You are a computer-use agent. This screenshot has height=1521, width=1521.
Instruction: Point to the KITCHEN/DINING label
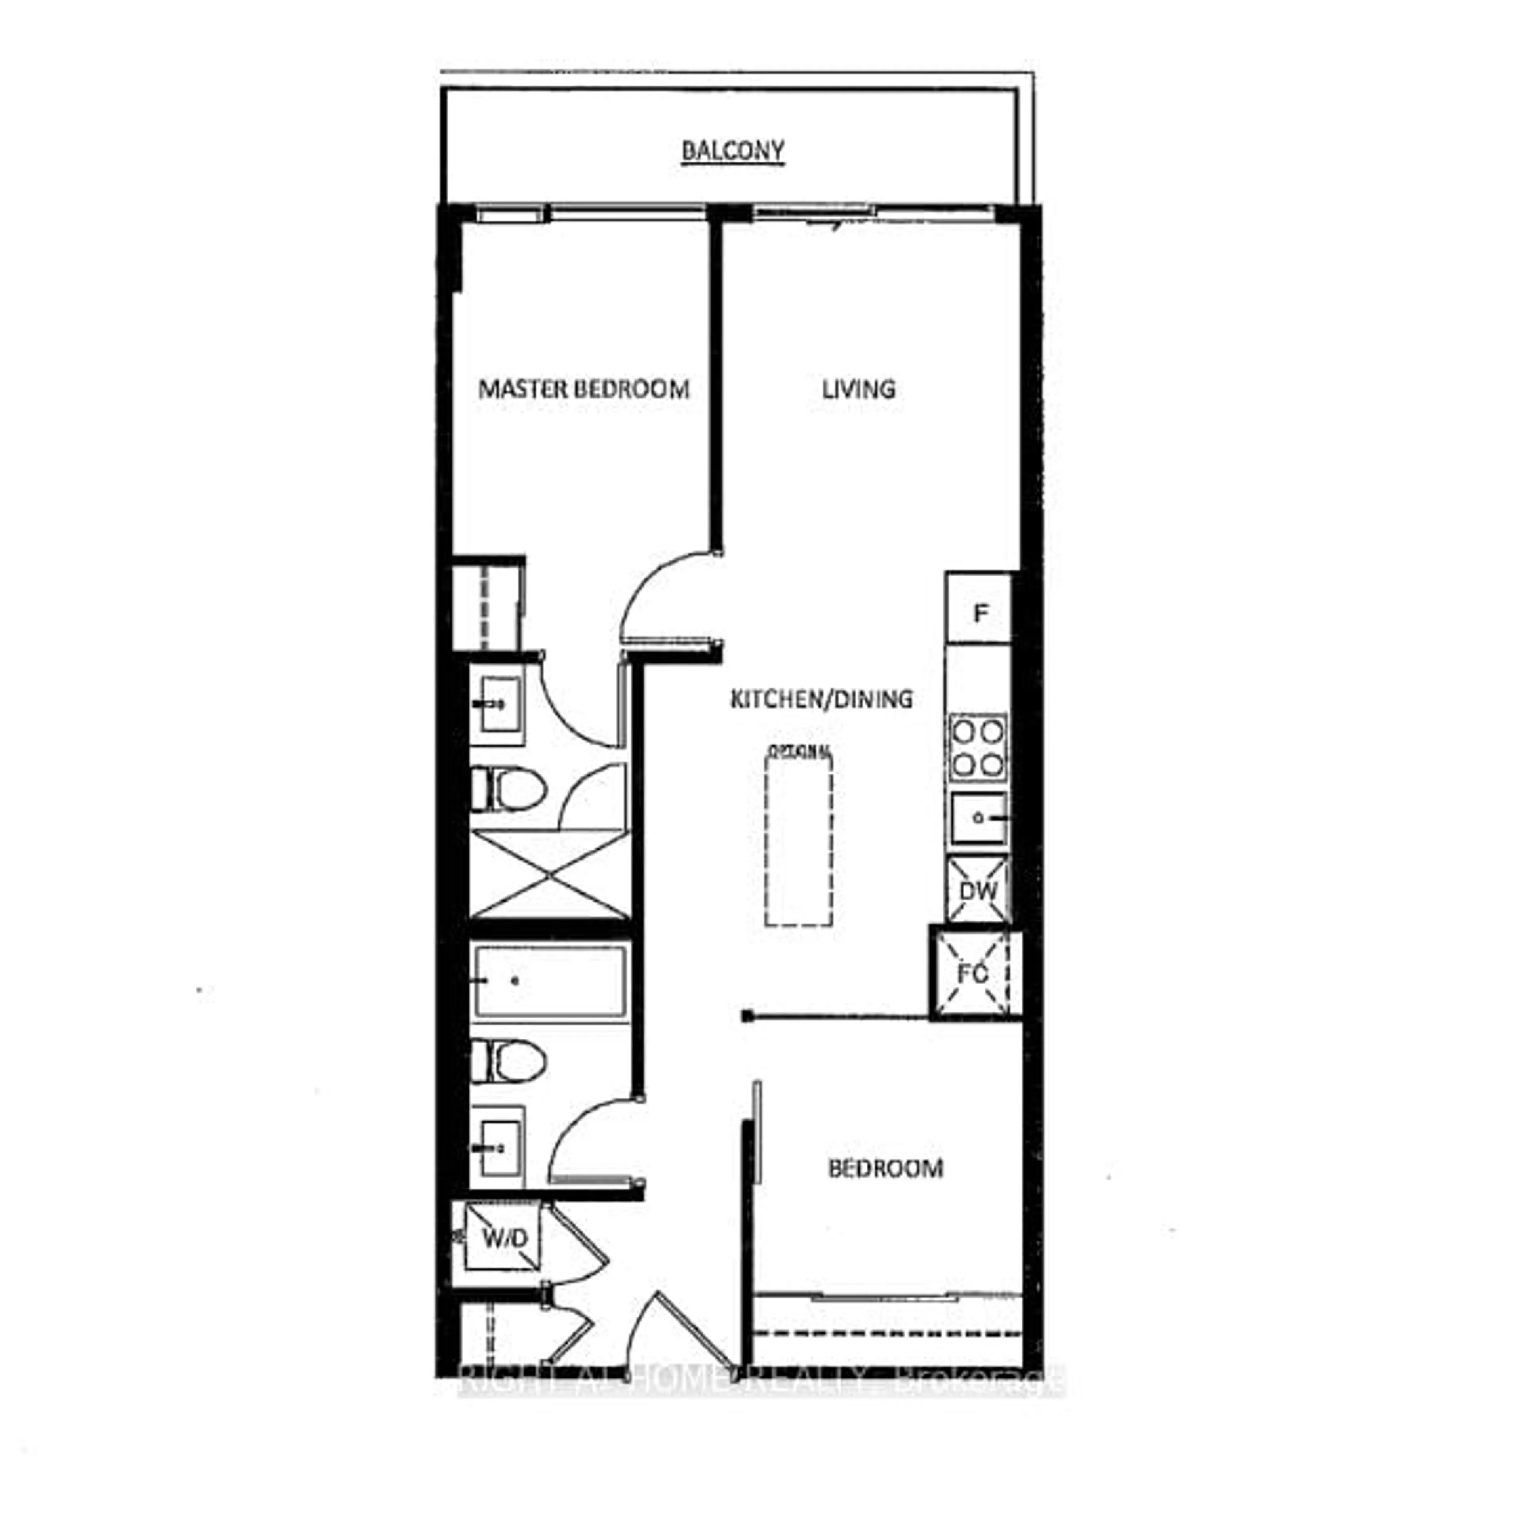coord(821,698)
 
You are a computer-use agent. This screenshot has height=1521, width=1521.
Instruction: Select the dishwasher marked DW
coord(977,890)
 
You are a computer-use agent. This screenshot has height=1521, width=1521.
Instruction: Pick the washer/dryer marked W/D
coord(503,1238)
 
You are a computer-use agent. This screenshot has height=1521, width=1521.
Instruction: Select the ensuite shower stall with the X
coord(549,874)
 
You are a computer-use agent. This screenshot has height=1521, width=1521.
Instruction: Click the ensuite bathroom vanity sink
coord(497,703)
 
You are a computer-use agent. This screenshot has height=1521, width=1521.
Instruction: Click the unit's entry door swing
coord(669,1330)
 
